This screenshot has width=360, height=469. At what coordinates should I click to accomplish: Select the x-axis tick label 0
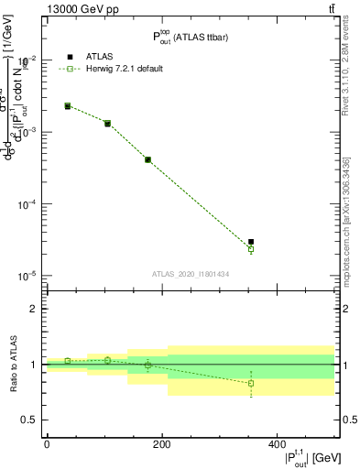click(x=47, y=444)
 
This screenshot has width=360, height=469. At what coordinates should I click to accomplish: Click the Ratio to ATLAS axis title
click(x=12, y=365)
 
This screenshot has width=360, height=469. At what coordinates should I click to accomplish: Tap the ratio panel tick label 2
click(x=33, y=309)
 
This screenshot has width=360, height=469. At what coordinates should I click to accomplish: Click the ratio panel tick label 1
click(x=33, y=365)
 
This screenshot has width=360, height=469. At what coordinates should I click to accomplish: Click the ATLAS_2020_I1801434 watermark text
click(x=191, y=274)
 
